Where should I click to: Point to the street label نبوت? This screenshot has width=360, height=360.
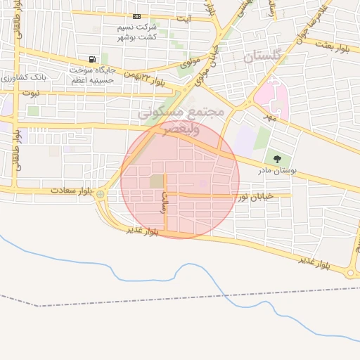(31, 92)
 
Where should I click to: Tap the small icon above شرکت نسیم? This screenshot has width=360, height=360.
(136, 17)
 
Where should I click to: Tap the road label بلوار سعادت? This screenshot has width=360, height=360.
(72, 191)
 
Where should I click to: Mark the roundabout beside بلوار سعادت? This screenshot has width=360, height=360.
(101, 194)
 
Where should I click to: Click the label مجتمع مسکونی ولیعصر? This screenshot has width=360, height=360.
(181, 120)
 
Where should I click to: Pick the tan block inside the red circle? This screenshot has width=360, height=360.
(155, 181)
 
